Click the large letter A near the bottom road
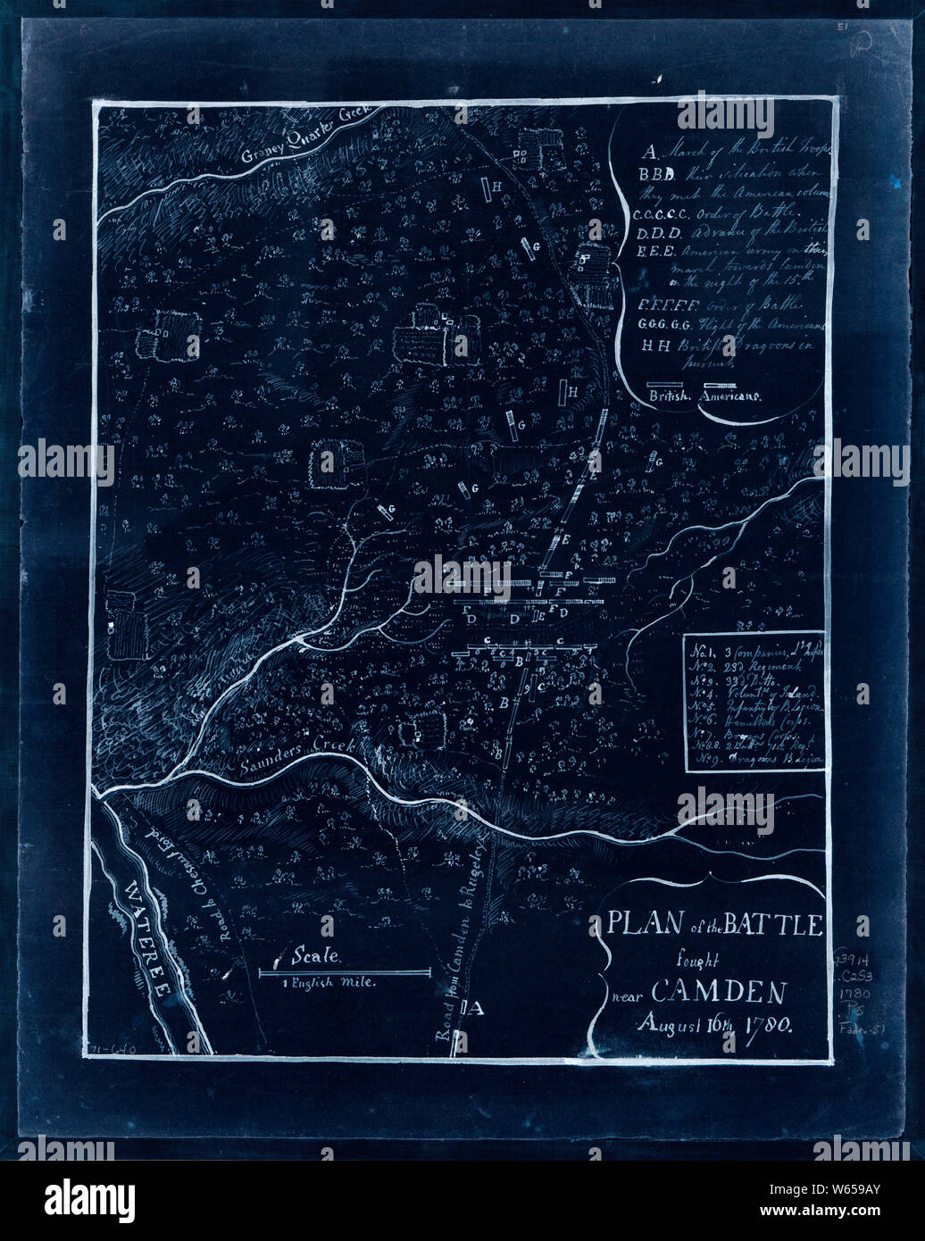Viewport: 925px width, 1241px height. (474, 1010)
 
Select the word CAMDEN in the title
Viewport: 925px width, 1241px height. (719, 991)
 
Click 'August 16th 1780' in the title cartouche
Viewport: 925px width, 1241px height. (713, 1024)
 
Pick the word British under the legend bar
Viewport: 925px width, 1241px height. (669, 396)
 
